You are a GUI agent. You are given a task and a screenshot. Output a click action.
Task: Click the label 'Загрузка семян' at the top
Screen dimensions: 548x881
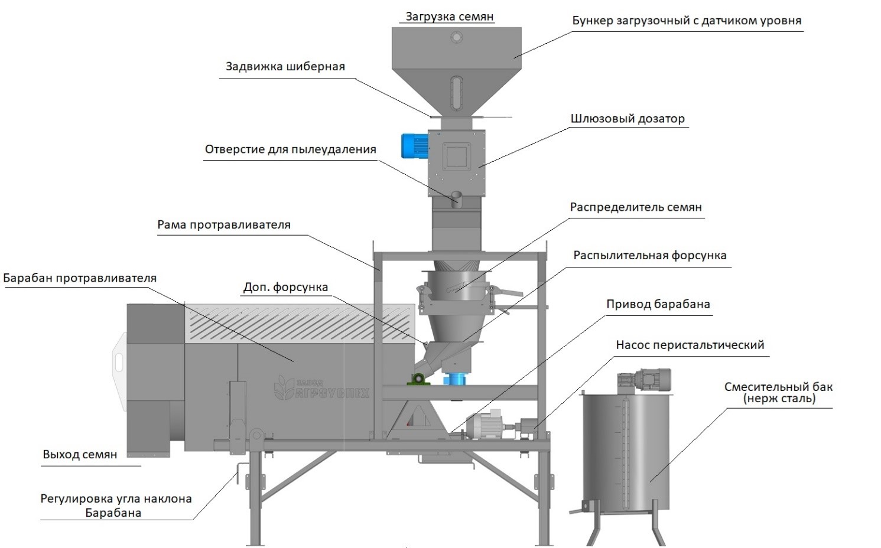[449, 17]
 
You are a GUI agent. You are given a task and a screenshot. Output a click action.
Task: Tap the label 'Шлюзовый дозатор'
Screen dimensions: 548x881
[628, 119]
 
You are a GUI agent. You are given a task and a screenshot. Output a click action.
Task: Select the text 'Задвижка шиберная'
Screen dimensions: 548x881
[285, 66]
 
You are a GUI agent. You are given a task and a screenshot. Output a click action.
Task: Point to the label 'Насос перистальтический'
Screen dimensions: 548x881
[690, 345]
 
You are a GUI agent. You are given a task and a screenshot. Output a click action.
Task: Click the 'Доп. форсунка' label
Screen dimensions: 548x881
[285, 288]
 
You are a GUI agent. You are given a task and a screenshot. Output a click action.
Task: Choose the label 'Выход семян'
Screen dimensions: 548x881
[80, 455]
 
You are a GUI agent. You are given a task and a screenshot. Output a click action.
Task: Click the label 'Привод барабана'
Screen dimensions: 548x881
[658, 305]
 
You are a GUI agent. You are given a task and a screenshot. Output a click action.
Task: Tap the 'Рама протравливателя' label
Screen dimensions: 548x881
[223, 225]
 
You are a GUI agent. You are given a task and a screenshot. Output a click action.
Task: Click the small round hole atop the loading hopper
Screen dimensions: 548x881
[456, 37]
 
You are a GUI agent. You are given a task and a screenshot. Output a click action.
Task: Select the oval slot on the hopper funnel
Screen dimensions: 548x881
[456, 92]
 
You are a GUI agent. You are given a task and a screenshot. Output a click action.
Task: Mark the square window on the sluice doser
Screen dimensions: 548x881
[456, 156]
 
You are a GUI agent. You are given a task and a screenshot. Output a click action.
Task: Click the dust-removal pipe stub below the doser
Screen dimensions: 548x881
[456, 198]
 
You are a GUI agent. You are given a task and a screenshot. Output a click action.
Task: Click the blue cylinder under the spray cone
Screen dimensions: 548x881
[455, 379]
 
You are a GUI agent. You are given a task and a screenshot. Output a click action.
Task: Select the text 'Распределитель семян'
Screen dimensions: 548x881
[635, 208]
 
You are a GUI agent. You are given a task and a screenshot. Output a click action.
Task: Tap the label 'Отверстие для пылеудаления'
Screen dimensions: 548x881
[290, 149]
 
